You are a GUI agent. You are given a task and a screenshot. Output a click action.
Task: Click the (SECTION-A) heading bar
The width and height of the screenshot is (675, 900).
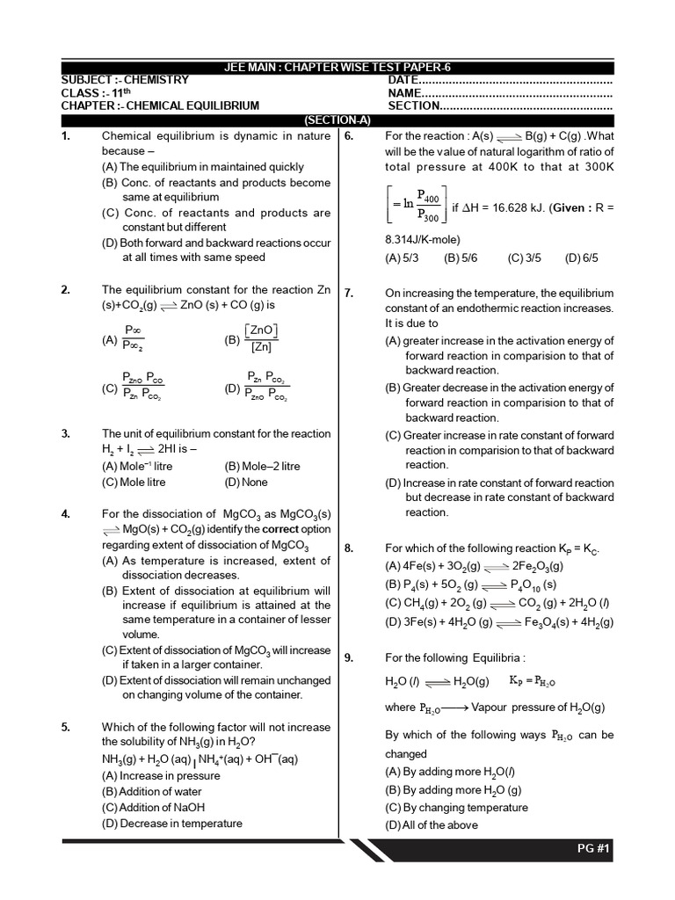[337, 120]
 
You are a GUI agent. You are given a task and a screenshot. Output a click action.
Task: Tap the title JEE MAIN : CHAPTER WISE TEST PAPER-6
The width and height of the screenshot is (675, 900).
[337, 68]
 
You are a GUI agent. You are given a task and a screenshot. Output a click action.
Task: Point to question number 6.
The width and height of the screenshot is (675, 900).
[349, 136]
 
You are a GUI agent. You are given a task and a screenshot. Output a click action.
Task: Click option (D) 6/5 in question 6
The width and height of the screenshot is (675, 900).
[582, 258]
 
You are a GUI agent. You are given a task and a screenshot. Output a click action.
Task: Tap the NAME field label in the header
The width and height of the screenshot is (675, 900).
[405, 92]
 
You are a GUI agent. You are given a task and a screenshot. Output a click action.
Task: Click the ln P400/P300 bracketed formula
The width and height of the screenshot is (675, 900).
[416, 207]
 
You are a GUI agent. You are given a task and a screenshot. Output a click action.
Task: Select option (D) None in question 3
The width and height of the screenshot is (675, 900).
[247, 482]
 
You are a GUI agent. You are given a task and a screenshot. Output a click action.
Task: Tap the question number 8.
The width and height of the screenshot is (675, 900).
[349, 548]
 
